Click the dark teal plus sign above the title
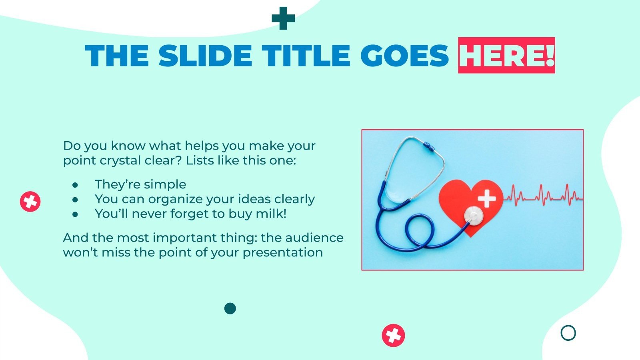tap(283, 18)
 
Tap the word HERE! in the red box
tap(506, 55)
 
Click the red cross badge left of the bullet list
tap(30, 202)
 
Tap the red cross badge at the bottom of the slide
tap(394, 336)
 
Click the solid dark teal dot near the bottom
tap(230, 308)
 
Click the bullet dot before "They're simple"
tap(75, 185)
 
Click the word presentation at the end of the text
tap(283, 253)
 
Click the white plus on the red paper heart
tap(487, 198)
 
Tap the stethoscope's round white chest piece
tap(474, 215)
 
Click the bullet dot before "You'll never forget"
tap(75, 214)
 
